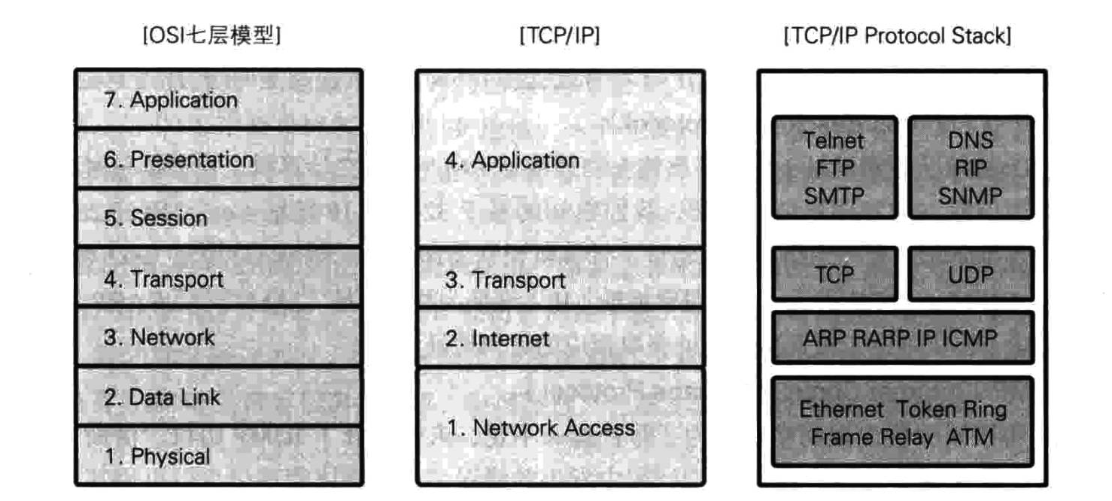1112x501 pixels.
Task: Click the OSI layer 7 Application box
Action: tap(218, 99)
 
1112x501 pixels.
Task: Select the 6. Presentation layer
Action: tap(218, 159)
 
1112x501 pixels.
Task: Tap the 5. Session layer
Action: tap(218, 218)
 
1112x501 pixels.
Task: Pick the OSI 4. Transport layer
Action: tap(218, 278)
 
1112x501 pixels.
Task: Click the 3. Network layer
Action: tap(218, 337)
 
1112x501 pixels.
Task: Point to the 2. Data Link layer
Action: tap(218, 396)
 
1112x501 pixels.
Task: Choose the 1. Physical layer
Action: tap(218, 456)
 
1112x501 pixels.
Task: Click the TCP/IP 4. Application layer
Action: tap(561, 159)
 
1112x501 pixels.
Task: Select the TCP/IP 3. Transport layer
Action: tap(561, 280)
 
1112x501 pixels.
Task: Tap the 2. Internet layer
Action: tap(561, 338)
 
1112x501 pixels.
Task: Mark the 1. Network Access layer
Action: tap(561, 427)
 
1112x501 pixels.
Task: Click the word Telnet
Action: tap(834, 141)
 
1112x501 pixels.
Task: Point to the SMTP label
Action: tap(834, 196)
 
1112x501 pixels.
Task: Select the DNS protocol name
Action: tap(971, 141)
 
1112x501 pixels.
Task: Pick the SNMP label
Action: tap(971, 196)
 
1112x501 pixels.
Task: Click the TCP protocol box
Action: tap(834, 275)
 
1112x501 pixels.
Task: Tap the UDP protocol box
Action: tap(971, 275)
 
